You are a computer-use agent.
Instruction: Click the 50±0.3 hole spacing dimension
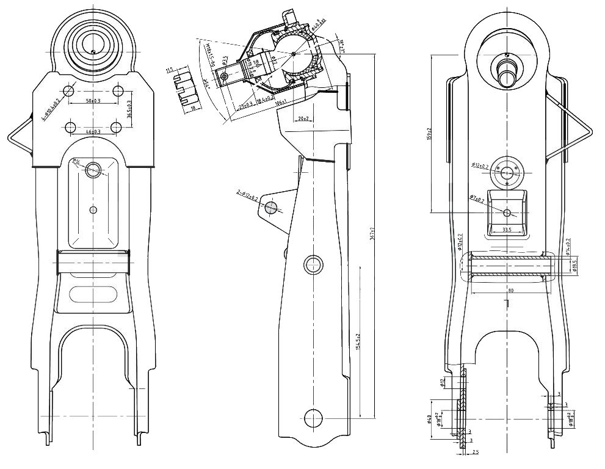tap(93, 100)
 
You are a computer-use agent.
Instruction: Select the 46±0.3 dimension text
tap(93, 131)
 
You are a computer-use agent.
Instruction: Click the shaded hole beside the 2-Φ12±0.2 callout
tap(269, 208)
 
